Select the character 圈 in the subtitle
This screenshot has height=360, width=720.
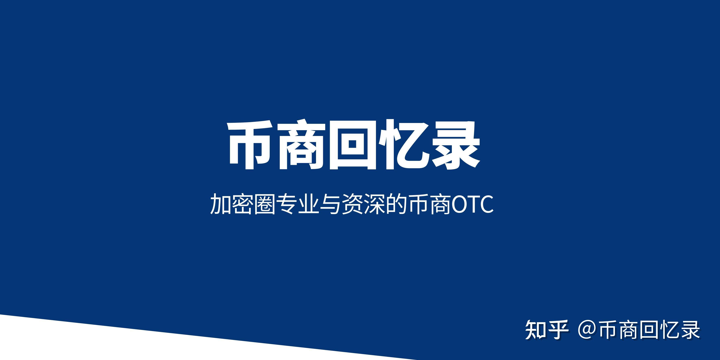[x=264, y=204]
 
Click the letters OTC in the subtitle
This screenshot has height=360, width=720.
[x=472, y=204]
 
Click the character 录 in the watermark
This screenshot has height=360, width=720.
[x=690, y=330]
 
